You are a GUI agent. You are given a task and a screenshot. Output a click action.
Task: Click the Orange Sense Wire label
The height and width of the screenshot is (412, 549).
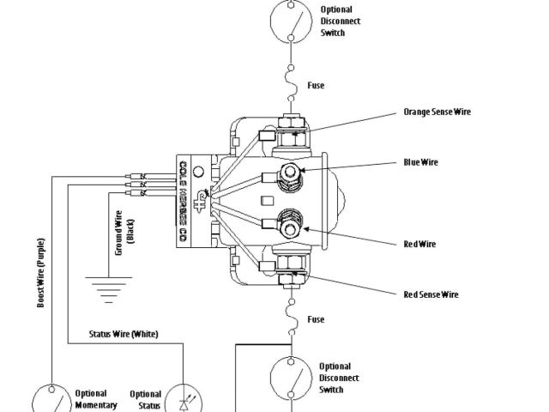(x=437, y=112)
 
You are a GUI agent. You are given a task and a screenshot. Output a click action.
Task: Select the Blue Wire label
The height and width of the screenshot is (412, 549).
(x=421, y=162)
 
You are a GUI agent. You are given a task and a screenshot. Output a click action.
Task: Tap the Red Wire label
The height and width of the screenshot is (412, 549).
(x=419, y=244)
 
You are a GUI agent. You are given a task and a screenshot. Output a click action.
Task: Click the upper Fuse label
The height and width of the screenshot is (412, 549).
(x=316, y=86)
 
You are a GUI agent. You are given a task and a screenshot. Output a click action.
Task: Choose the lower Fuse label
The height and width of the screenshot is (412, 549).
(x=316, y=320)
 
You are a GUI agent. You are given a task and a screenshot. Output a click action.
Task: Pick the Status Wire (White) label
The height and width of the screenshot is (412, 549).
(x=124, y=334)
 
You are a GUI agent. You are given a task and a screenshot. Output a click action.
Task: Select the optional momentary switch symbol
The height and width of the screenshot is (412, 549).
(x=53, y=400)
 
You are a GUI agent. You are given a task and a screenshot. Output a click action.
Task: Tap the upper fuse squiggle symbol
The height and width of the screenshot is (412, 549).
(x=292, y=84)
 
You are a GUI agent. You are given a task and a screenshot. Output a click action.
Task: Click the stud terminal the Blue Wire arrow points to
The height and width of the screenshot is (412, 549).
(x=292, y=174)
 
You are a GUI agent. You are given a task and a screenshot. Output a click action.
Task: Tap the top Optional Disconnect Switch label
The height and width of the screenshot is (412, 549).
(x=340, y=21)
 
